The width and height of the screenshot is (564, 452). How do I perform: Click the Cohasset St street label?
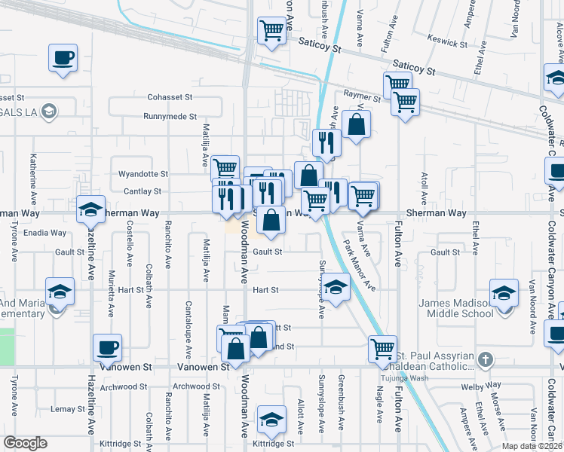point(170,97)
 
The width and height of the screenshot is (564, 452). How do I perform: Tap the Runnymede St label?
point(170,117)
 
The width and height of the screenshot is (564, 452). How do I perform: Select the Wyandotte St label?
point(143,174)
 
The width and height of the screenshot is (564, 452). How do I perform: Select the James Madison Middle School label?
point(456,308)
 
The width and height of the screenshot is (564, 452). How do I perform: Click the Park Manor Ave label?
point(360,264)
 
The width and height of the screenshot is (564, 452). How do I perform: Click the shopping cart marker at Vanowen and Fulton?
point(382,349)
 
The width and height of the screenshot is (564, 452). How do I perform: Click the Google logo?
point(26,443)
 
